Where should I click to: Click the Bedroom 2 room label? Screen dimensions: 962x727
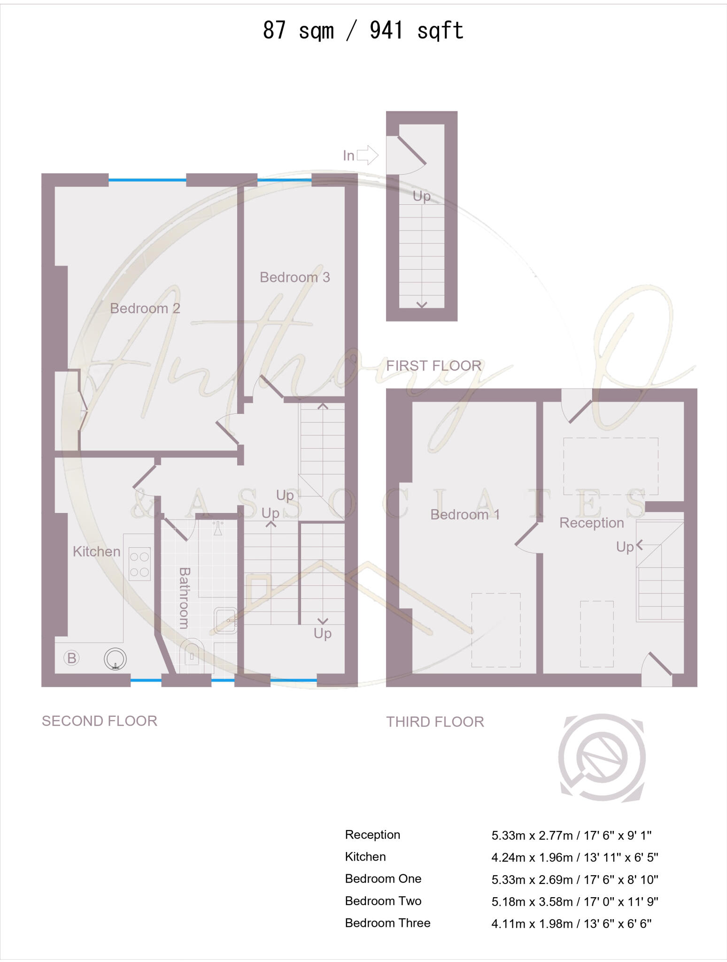tap(145, 309)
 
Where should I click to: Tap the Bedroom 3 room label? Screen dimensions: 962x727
tap(294, 278)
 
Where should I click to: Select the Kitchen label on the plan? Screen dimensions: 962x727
tap(96, 551)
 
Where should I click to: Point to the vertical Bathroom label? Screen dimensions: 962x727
tap(184, 597)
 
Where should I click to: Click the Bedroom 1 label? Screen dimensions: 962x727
tap(464, 515)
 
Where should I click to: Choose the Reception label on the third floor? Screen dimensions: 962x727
tap(591, 523)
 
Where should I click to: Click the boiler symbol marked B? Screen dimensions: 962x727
tap(71, 658)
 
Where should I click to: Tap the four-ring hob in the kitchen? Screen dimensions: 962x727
tap(139, 564)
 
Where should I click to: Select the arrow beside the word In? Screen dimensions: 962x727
tap(367, 155)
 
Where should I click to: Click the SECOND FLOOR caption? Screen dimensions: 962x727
tap(99, 721)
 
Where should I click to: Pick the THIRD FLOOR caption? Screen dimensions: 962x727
tap(435, 722)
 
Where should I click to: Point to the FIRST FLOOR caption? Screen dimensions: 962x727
tap(433, 365)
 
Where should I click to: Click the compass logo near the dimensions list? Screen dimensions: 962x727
tap(602, 757)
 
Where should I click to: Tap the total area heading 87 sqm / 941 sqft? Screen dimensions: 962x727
tap(363, 31)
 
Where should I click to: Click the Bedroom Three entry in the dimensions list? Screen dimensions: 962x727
tap(387, 923)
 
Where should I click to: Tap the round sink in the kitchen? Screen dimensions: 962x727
tap(115, 659)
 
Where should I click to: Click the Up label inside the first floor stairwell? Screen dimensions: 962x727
tap(421, 196)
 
